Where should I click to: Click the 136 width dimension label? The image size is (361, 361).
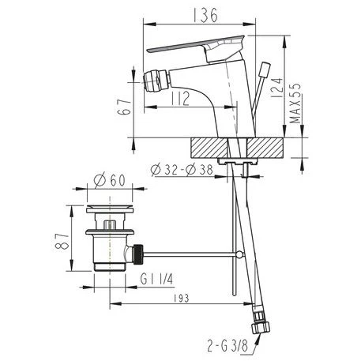(x=205, y=15)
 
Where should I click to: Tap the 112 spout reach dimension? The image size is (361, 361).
(x=180, y=98)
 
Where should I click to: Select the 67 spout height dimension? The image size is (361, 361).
(x=124, y=107)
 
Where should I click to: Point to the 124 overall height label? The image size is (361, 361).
(x=277, y=88)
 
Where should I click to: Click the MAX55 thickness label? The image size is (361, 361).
(x=295, y=103)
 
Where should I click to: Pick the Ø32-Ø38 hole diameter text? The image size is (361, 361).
(x=182, y=170)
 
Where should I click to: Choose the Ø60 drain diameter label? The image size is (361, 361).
(x=110, y=180)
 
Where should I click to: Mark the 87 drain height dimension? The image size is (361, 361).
(x=62, y=241)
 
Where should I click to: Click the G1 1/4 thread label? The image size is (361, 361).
(x=156, y=279)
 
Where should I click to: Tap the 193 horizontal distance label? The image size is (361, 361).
(x=181, y=299)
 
